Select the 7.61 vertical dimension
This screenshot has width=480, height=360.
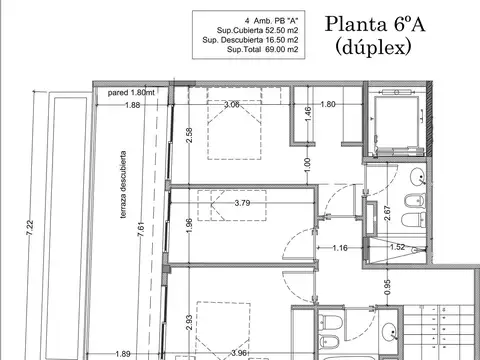coord(142,229)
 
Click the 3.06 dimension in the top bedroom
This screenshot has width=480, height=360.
coord(231,104)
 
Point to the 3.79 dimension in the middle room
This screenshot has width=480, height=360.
coord(241,203)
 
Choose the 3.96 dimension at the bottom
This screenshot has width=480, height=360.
coord(237,352)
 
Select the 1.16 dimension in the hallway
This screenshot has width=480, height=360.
coord(339,246)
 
